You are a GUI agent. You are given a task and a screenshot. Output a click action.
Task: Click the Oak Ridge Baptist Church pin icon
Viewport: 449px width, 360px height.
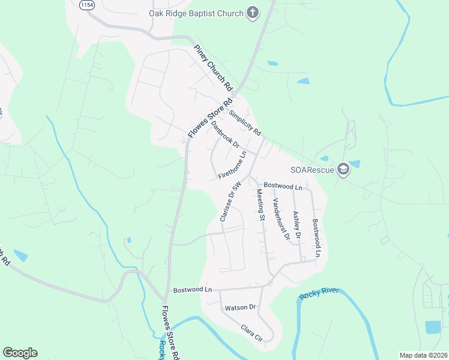pyautogui.click(x=253, y=13)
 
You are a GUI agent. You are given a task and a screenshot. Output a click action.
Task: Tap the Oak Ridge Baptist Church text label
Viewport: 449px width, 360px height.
pyautogui.click(x=196, y=13)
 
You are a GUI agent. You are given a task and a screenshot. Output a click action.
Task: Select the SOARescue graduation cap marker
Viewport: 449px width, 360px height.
pyautogui.click(x=343, y=170)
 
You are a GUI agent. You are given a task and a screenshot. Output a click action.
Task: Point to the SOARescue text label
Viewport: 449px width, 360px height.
pyautogui.click(x=312, y=170)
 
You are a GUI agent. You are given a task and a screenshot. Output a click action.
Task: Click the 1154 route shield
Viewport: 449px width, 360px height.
pyautogui.click(x=86, y=4)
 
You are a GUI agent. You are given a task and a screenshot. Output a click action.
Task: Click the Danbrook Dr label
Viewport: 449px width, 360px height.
pyautogui.click(x=225, y=135)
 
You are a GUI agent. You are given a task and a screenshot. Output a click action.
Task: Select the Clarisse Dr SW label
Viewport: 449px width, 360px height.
pyautogui.click(x=230, y=202)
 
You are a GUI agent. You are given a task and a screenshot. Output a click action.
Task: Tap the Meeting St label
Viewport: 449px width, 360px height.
pyautogui.click(x=261, y=205)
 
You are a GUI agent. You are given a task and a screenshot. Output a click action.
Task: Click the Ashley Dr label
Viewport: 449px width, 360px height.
pyautogui.click(x=295, y=224)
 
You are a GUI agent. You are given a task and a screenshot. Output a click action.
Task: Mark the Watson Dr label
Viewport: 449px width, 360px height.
pyautogui.click(x=240, y=308)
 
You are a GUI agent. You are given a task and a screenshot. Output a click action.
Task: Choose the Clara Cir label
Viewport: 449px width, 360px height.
pyautogui.click(x=251, y=331)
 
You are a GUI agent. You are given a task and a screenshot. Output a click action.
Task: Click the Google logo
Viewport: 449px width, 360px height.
pyautogui.click(x=20, y=353)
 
